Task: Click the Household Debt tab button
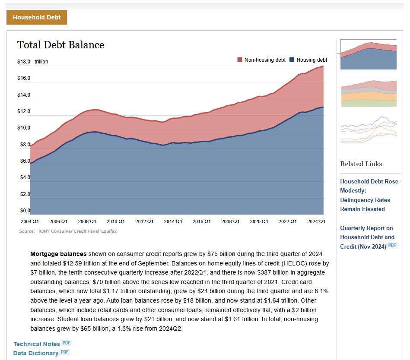(36, 18)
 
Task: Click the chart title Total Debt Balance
(60, 45)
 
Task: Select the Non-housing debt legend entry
(261, 60)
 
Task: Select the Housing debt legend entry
(308, 60)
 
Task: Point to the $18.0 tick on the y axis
(24, 62)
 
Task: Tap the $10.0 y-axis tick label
(24, 128)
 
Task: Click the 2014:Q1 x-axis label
(172, 221)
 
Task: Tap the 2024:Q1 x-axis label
(316, 221)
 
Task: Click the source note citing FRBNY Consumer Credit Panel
(68, 231)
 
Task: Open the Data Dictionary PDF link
(36, 353)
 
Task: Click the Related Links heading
(361, 164)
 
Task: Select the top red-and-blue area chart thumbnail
(368, 55)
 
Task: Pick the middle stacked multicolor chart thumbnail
(368, 93)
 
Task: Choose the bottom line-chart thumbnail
(368, 129)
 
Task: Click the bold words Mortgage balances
(58, 254)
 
